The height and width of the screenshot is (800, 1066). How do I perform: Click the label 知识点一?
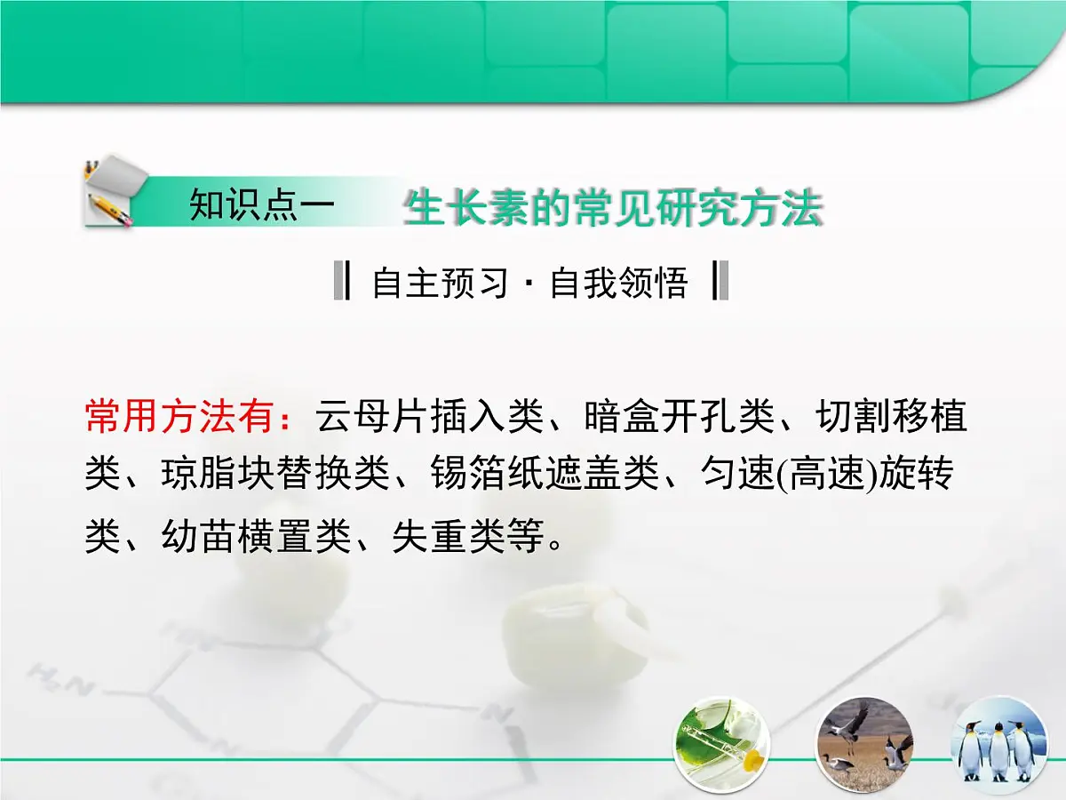(x=261, y=205)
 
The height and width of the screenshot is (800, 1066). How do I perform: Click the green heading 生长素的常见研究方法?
(x=612, y=211)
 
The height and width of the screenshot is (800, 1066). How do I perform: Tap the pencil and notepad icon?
(x=110, y=191)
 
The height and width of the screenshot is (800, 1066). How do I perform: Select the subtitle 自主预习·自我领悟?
(x=530, y=283)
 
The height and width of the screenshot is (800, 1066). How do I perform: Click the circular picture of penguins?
(x=999, y=745)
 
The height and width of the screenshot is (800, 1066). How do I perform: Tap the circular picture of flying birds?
(x=863, y=745)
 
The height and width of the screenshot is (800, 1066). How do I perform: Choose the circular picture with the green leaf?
(x=721, y=745)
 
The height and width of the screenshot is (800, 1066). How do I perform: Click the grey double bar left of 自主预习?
(x=341, y=282)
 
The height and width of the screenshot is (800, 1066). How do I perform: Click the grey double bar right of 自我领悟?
(x=720, y=282)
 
